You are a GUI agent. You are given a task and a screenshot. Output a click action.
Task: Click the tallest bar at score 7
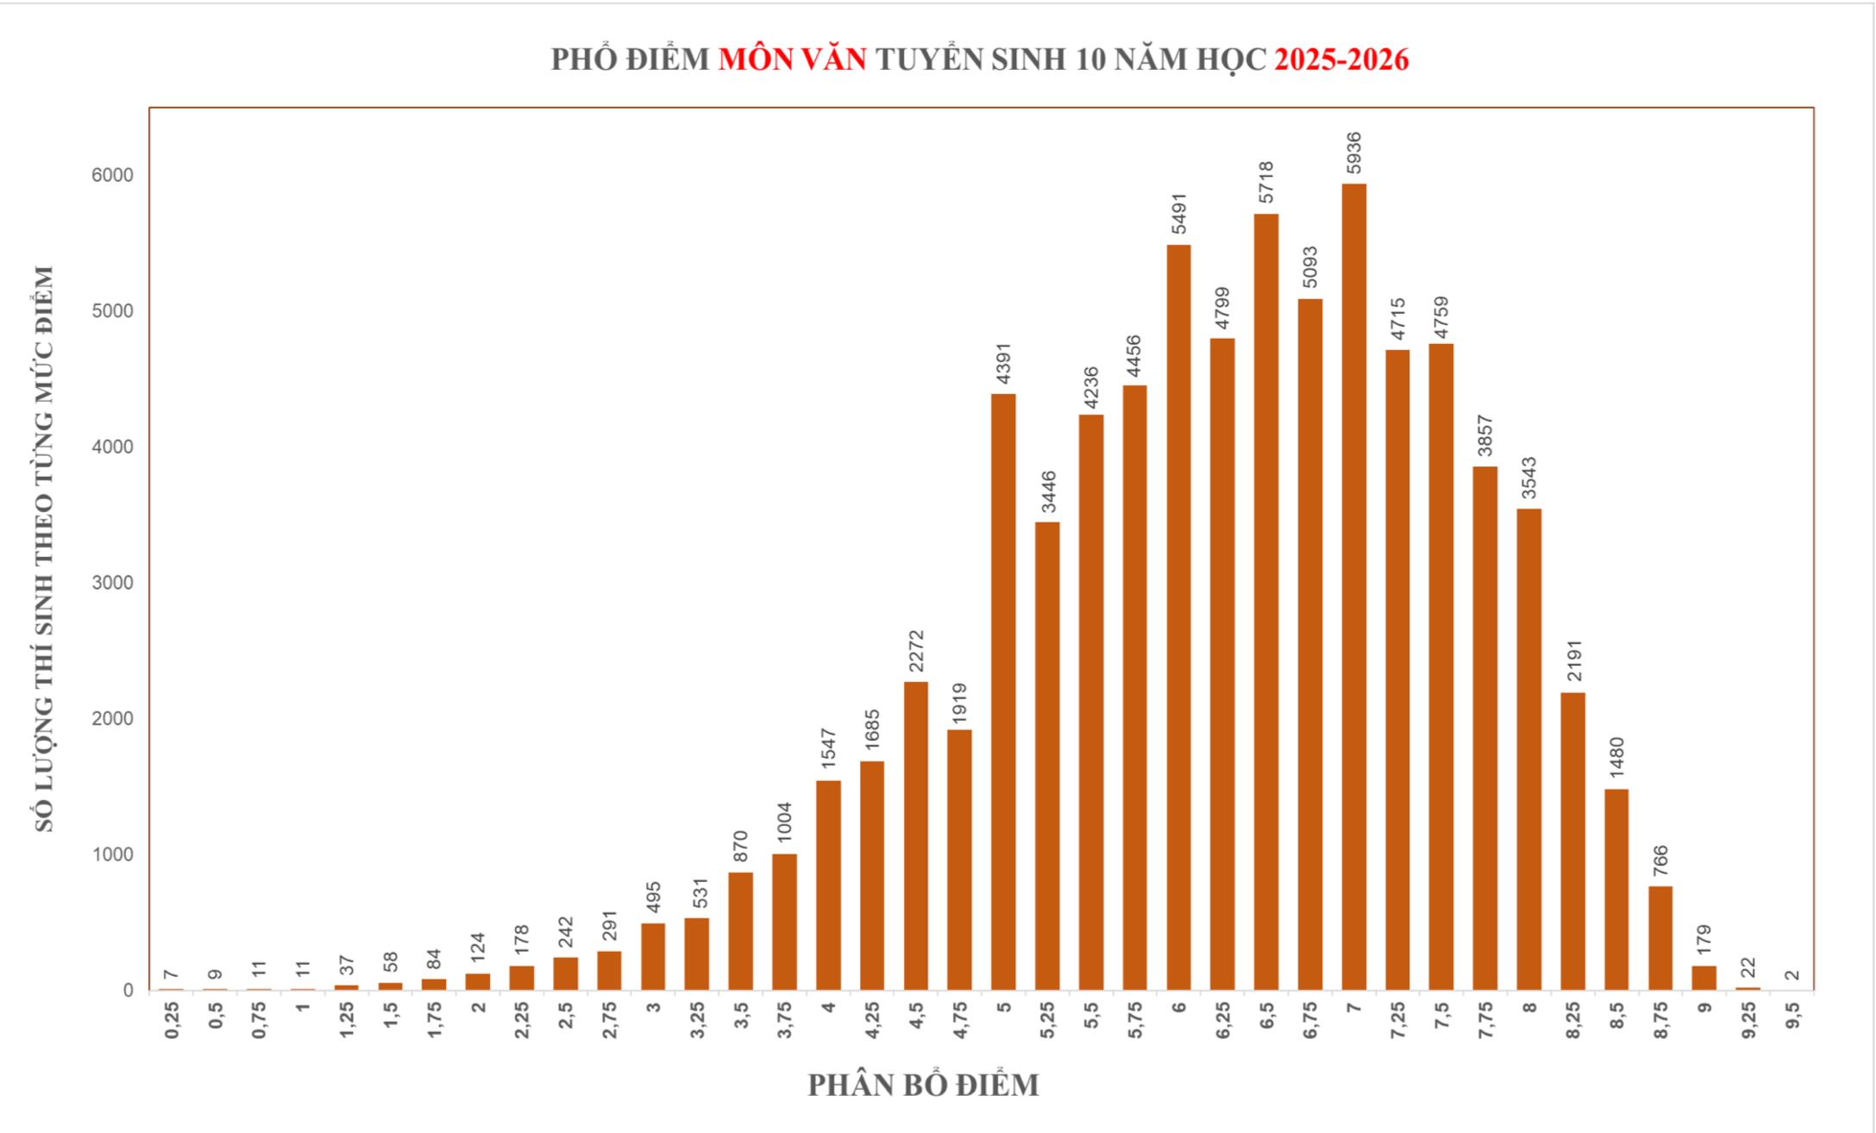click(1353, 586)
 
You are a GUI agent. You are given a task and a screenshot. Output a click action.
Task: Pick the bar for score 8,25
click(1572, 841)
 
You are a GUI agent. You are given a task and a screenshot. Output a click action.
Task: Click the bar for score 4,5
click(916, 836)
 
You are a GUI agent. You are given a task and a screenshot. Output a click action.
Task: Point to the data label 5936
click(1354, 152)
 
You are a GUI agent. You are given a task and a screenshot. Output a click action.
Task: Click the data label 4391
click(1003, 363)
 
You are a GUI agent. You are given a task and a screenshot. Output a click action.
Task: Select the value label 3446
click(1048, 491)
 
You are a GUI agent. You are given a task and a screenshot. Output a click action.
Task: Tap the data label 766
click(1660, 861)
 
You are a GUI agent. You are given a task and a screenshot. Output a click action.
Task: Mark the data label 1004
click(784, 823)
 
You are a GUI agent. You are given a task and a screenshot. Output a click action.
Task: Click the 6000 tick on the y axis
click(112, 175)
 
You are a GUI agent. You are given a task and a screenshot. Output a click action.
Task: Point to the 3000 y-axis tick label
click(112, 583)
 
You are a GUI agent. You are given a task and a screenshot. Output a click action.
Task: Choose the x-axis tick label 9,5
click(1792, 1017)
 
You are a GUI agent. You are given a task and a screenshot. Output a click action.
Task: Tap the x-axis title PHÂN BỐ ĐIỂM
click(923, 1085)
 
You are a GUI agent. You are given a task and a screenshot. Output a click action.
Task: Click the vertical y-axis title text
click(44, 548)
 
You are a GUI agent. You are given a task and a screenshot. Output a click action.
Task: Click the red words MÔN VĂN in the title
click(792, 59)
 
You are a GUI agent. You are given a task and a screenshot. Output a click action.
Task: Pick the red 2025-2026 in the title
click(1341, 59)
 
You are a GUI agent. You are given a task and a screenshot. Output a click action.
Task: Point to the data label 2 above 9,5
click(1792, 975)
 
